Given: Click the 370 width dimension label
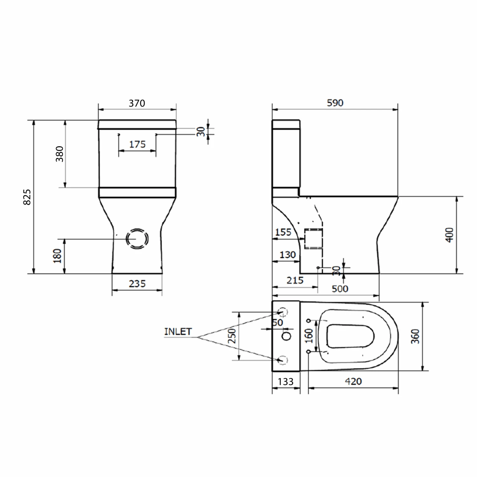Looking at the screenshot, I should [137, 103].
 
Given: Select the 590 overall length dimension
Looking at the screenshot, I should [335, 103].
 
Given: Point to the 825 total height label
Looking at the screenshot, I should [27, 197].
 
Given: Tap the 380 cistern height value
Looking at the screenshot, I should [59, 154].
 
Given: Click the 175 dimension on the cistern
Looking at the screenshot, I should [137, 144].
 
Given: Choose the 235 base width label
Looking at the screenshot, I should [137, 284].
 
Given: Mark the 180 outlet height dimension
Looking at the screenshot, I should [57, 256].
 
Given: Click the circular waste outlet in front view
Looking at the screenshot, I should [137, 238].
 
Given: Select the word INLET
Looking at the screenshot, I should [178, 332].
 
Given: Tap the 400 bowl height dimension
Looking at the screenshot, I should [449, 235].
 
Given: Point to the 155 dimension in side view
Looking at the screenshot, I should [283, 232].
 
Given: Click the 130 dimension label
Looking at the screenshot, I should [287, 255].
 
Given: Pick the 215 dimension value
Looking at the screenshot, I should [295, 280].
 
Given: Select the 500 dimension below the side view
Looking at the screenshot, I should [340, 289].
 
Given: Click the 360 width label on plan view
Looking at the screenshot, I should [415, 336].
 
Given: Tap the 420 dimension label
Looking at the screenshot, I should [353, 381].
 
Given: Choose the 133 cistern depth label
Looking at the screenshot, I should [286, 382].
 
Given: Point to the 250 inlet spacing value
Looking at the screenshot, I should [232, 336].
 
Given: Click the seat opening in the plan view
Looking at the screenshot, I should [350, 336].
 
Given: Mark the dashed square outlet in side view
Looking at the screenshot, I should [314, 238].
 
